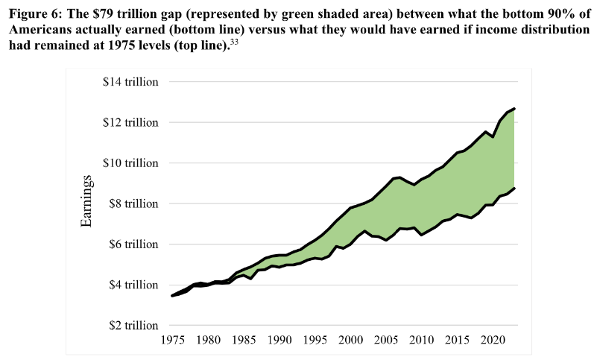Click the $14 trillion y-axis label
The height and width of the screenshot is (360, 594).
(131, 81)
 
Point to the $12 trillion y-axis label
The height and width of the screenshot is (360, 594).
(131, 122)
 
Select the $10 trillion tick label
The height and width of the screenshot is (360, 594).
(131, 162)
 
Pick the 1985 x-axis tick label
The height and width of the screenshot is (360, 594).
(244, 340)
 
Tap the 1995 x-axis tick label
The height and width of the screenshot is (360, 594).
(315, 340)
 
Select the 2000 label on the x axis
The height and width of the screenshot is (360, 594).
(350, 340)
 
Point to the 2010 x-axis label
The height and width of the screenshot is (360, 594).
(421, 340)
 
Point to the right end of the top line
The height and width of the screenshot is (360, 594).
(515, 109)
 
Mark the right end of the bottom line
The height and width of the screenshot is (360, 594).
(515, 188)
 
